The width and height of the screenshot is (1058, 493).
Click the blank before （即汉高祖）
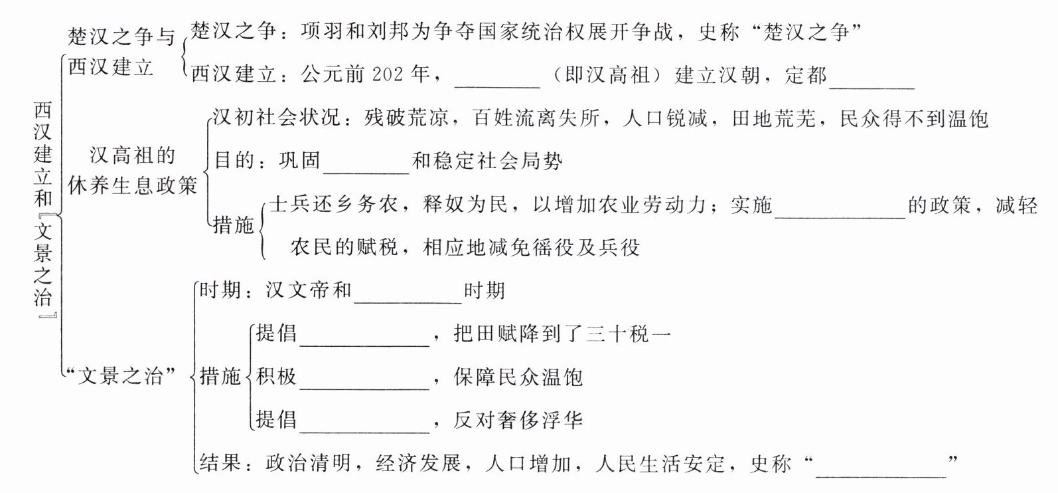pyautogui.click(x=497, y=78)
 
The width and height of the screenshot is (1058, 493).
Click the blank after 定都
pyautogui.click(x=872, y=78)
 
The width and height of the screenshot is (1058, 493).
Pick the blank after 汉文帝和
pyautogui.click(x=408, y=293)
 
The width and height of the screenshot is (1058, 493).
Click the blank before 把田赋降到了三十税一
pyautogui.click(x=364, y=336)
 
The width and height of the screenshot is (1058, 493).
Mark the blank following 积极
pyautogui.click(x=364, y=379)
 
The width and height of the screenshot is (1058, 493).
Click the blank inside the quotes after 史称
pyautogui.click(x=880, y=466)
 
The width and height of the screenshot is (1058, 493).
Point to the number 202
pyautogui.click(x=388, y=74)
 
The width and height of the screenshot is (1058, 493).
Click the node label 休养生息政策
pyautogui.click(x=133, y=186)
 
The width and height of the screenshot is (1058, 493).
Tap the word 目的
pyautogui.click(x=234, y=161)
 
